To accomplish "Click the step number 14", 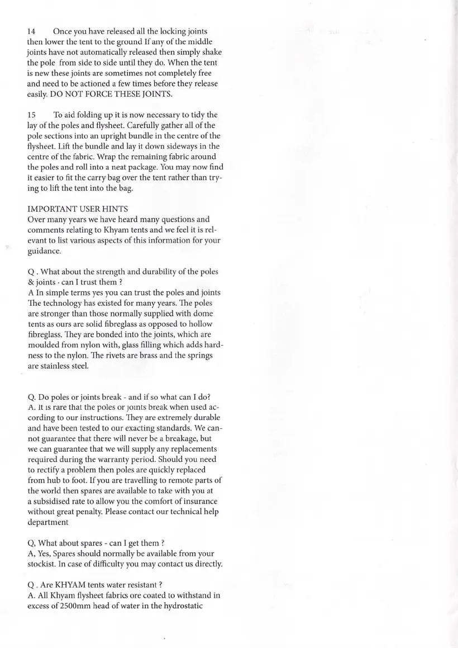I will (32, 31).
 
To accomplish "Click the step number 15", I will (32, 115).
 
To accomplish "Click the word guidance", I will (44, 251).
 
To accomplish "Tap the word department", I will (48, 522).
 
